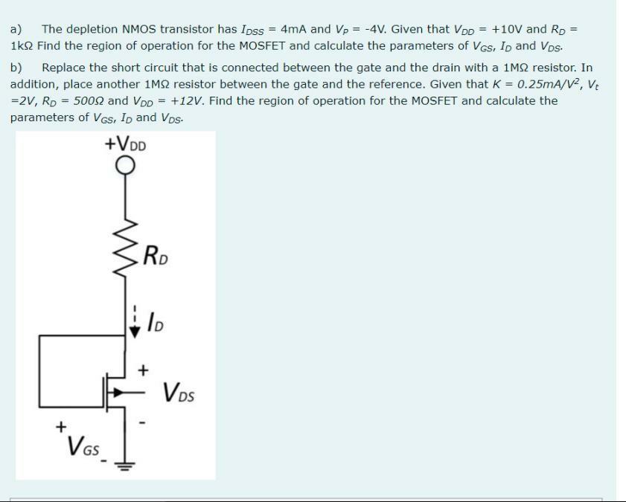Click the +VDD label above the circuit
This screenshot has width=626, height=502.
(x=126, y=143)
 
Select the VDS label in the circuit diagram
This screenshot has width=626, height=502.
(x=178, y=391)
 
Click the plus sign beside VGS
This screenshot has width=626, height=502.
(x=60, y=426)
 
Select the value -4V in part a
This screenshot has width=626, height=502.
(x=372, y=29)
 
